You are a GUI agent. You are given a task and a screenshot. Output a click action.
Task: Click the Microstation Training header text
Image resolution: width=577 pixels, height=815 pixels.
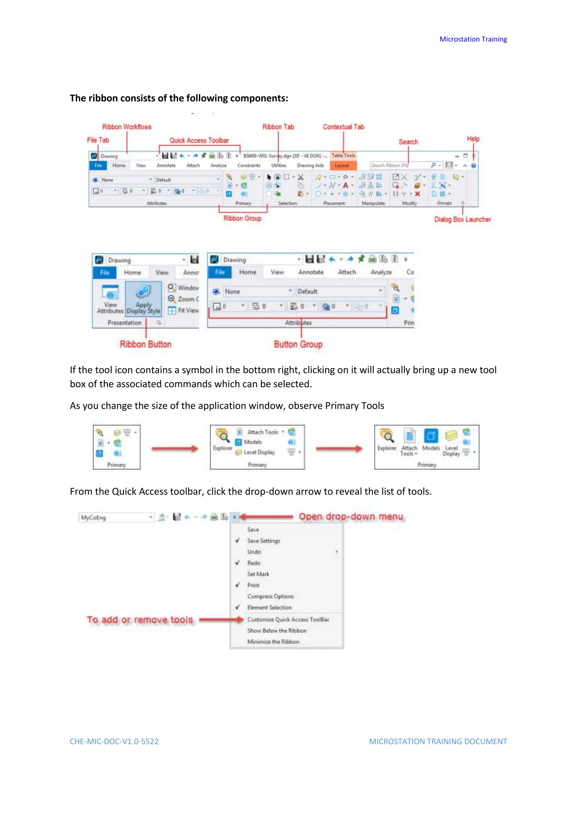(x=473, y=39)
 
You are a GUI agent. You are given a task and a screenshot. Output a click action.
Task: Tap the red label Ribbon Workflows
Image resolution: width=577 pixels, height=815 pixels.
(x=127, y=127)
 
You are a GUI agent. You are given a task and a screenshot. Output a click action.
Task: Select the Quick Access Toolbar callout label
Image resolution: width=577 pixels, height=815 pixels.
(x=199, y=140)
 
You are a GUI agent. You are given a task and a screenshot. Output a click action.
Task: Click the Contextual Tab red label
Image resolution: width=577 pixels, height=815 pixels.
(x=343, y=127)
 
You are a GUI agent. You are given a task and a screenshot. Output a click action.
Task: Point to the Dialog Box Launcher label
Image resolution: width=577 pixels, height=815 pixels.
(x=462, y=219)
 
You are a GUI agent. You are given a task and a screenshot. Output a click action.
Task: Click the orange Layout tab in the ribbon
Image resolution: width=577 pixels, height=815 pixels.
(x=341, y=165)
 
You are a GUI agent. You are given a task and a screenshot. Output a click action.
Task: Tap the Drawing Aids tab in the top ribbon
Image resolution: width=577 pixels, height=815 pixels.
(x=310, y=165)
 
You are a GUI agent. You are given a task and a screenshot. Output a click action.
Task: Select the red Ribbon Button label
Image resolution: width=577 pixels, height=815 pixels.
(x=145, y=344)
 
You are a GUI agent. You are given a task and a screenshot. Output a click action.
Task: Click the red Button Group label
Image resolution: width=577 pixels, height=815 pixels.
(x=298, y=344)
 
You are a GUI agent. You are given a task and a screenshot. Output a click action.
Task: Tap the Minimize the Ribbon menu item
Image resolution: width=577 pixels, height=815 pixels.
(x=273, y=642)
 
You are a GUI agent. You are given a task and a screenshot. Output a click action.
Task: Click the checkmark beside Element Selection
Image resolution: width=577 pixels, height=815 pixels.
(x=237, y=607)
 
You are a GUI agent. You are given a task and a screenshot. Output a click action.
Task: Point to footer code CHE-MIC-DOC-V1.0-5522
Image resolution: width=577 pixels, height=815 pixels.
(x=114, y=742)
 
